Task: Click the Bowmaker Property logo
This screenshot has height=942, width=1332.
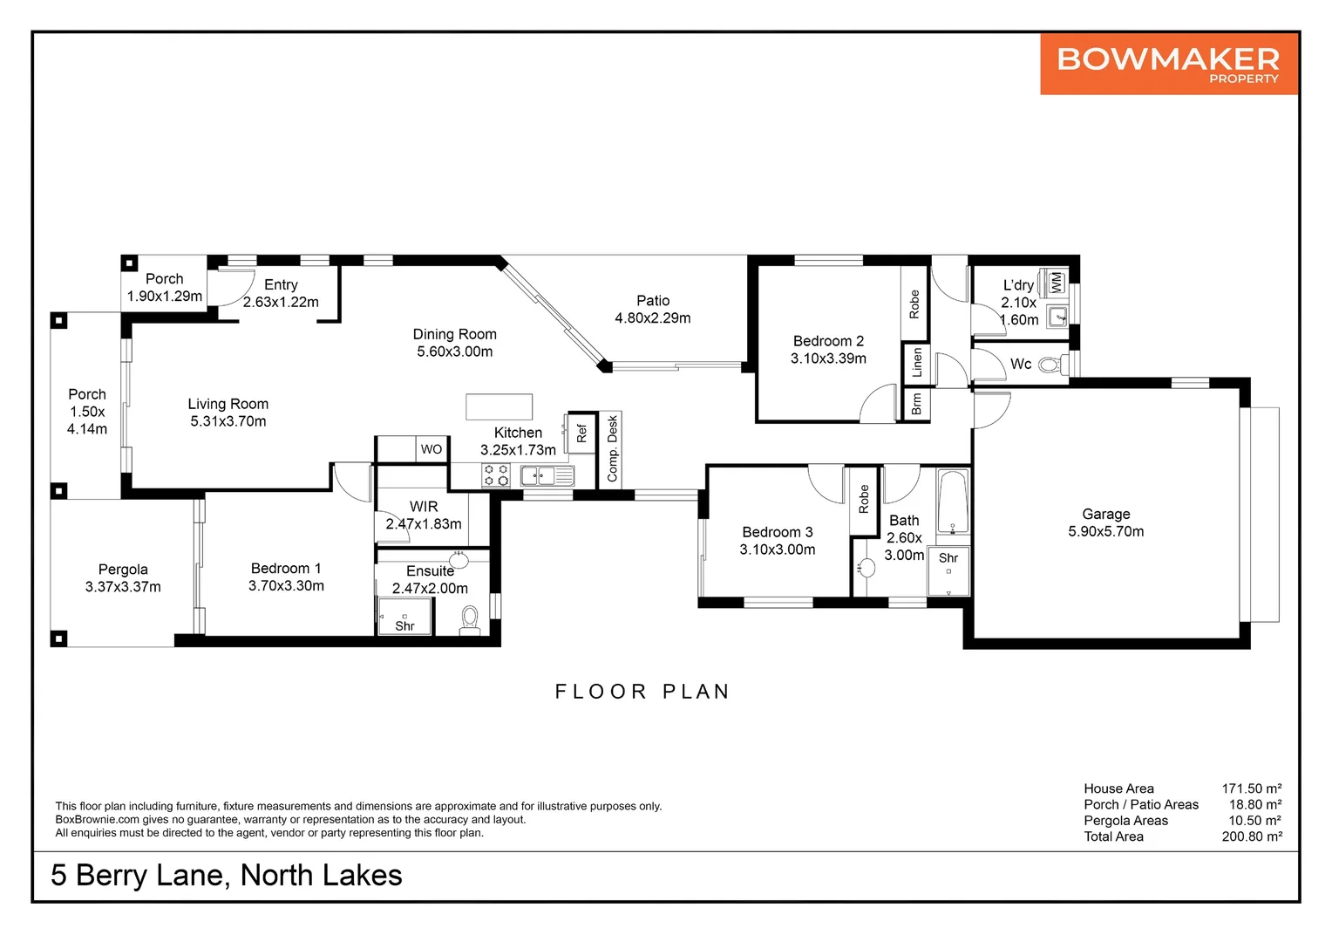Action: pyautogui.click(x=1168, y=64)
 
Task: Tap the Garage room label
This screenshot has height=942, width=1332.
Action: pyautogui.click(x=1106, y=514)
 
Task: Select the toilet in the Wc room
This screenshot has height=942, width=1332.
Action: pyautogui.click(x=1053, y=365)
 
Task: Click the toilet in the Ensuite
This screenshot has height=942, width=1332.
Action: pyautogui.click(x=470, y=619)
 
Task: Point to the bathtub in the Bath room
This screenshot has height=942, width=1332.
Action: pyautogui.click(x=953, y=502)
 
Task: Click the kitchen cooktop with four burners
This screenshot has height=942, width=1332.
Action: pyautogui.click(x=496, y=475)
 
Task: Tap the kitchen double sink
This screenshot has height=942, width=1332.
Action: pyautogui.click(x=547, y=476)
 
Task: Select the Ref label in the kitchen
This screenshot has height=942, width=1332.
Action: pyautogui.click(x=581, y=433)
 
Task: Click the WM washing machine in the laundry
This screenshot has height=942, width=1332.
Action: pyautogui.click(x=1056, y=282)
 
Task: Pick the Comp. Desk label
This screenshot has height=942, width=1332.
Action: pyautogui.click(x=613, y=448)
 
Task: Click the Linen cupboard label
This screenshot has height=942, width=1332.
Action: pyautogui.click(x=916, y=362)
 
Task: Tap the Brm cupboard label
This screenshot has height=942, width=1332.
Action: pyautogui.click(x=916, y=405)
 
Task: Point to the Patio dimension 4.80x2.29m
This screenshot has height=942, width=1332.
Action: pyautogui.click(x=652, y=318)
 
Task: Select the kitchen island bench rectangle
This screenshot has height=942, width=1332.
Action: pyautogui.click(x=499, y=407)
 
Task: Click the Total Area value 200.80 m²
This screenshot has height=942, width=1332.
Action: pyautogui.click(x=1252, y=836)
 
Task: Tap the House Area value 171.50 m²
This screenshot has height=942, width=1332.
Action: pyautogui.click(x=1252, y=788)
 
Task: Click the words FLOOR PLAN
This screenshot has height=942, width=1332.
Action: pyautogui.click(x=642, y=692)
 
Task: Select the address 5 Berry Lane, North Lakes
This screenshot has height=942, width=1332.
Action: pyautogui.click(x=227, y=876)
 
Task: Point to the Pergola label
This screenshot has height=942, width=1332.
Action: pyautogui.click(x=123, y=570)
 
